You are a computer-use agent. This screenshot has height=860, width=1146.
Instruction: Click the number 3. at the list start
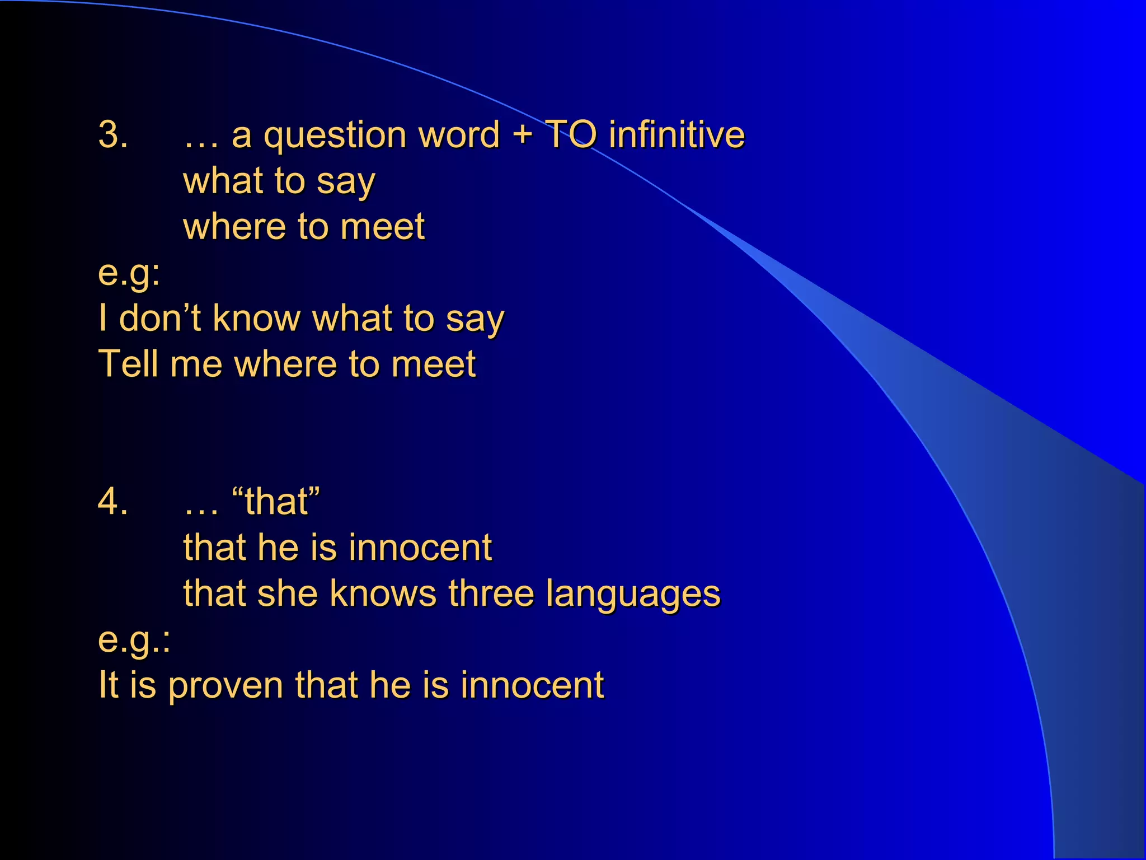tap(113, 135)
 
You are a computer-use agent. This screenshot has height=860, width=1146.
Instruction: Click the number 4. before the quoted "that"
tap(113, 501)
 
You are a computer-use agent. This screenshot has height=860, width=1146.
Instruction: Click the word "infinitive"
tap(677, 135)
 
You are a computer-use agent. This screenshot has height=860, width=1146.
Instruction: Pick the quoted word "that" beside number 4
tap(276, 501)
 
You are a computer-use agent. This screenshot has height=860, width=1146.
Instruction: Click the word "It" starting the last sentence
tap(108, 684)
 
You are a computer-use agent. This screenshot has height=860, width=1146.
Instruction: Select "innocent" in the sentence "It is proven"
tap(532, 685)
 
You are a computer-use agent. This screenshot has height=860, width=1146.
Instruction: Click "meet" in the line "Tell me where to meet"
tap(434, 364)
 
